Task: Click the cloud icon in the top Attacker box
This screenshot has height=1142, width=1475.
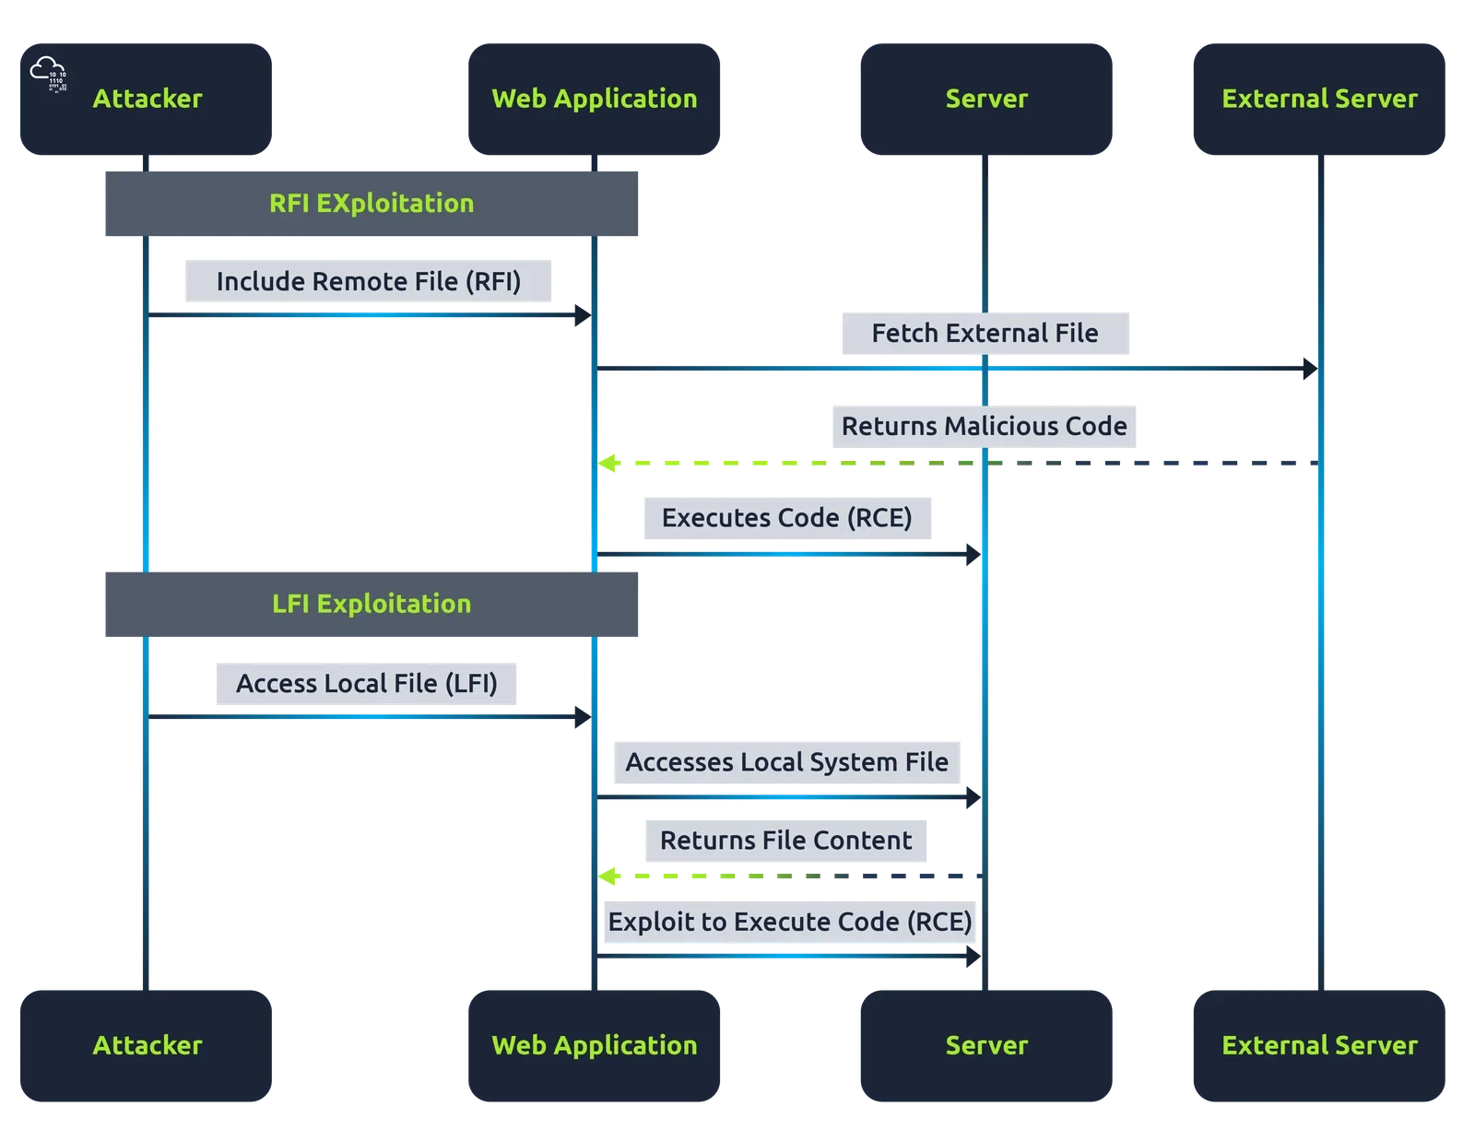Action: [x=48, y=74]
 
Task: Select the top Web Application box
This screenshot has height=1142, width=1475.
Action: [x=594, y=99]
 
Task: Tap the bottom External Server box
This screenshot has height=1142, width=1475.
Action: [x=1318, y=1045]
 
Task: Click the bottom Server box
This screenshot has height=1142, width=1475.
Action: [x=985, y=1045]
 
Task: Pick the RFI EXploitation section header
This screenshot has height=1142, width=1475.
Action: [x=372, y=204]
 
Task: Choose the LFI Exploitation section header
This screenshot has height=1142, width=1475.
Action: [x=372, y=604]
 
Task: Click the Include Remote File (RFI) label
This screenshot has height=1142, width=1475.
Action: [x=368, y=281]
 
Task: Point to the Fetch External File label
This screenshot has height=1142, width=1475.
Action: [x=985, y=333]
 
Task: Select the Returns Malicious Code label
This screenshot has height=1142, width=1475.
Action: [x=984, y=426]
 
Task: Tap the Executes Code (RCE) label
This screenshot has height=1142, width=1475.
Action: [x=786, y=518]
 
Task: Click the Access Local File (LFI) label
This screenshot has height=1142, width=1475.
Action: [x=366, y=683]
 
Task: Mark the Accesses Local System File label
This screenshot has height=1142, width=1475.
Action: [x=786, y=762]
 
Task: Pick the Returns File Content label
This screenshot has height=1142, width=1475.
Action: [x=785, y=840]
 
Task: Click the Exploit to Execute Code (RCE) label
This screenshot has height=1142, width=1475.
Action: [x=789, y=922]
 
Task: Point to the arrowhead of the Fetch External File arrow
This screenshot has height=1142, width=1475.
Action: [x=1310, y=369]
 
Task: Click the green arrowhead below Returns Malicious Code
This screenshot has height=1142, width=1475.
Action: [x=607, y=463]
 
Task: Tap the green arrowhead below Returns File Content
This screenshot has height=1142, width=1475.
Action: [x=607, y=876]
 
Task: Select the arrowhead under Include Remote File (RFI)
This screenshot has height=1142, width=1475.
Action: [x=583, y=315]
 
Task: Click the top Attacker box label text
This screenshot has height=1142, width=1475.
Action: [x=147, y=99]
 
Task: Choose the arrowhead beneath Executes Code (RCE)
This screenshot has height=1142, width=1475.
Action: [x=973, y=554]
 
